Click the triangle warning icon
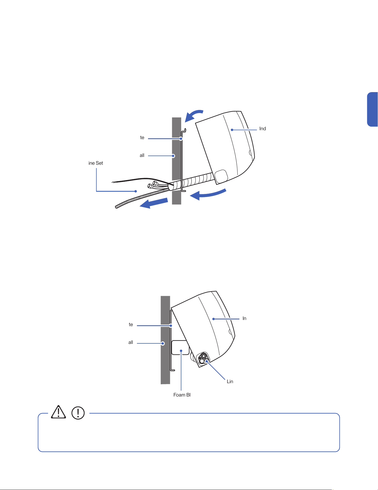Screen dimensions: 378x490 [x=58, y=412]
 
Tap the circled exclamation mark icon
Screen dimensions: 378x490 [x=78, y=413]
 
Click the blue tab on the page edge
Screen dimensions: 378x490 [x=372, y=109]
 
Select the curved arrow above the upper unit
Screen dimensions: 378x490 [x=193, y=115]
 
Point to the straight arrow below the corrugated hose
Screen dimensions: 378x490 [x=154, y=203]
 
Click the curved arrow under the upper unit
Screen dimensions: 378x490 [x=208, y=194]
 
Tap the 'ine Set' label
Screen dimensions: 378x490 [x=96, y=163]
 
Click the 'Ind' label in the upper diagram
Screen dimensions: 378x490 [x=262, y=129]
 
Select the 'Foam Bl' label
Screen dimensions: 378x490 [x=182, y=395]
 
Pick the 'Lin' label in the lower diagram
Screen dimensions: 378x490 [x=230, y=381]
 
